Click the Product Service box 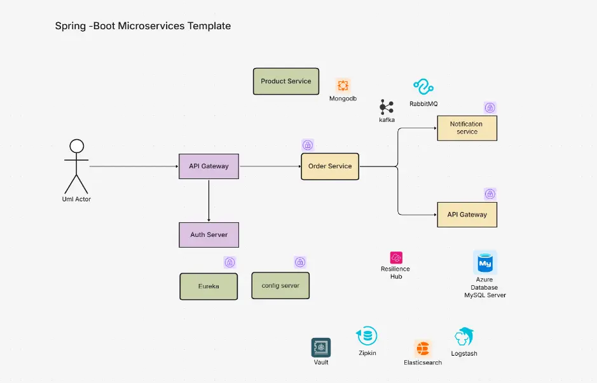(286, 81)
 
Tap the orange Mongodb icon (343, 86)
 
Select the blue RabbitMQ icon (423, 87)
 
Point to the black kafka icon (387, 107)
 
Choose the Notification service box (467, 128)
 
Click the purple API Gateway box (209, 166)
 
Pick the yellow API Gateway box (467, 215)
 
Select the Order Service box (330, 166)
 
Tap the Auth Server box (209, 235)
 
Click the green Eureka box (209, 286)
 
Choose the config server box (280, 286)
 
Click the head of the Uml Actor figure (76, 146)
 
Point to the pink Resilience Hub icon (395, 257)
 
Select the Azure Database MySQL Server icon (485, 262)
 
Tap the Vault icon (321, 347)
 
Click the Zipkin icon (367, 336)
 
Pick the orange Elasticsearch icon (423, 349)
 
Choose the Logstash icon (464, 337)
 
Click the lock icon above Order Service (307, 145)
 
